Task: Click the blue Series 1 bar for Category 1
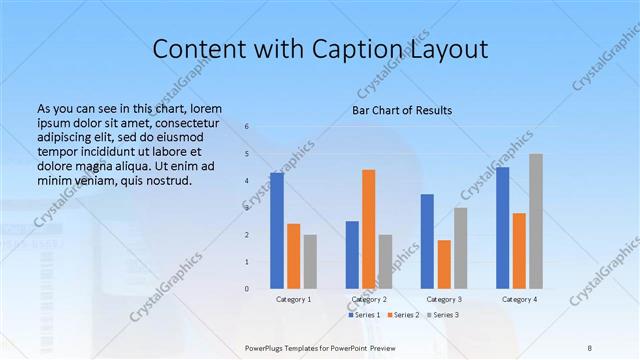click(277, 230)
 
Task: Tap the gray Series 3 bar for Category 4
click(536, 221)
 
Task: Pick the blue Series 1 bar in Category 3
click(427, 241)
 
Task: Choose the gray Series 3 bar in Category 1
click(310, 261)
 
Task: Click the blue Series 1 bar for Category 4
click(502, 227)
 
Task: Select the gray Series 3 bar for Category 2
click(385, 261)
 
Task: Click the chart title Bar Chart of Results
click(402, 110)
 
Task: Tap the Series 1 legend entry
click(364, 315)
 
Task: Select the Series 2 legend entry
click(403, 315)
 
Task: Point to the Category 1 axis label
click(293, 299)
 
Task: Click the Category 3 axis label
click(444, 299)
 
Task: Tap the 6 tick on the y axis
click(246, 127)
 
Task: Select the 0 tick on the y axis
click(246, 288)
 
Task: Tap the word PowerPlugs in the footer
click(266, 347)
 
